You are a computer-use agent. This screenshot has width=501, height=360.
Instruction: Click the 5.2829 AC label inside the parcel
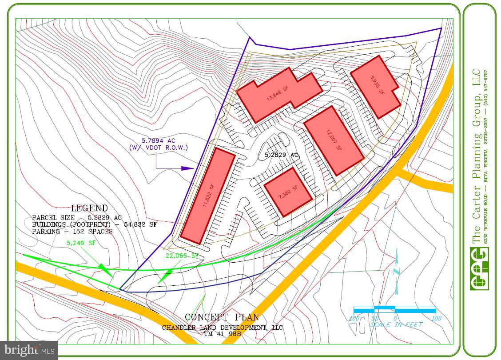(x=281, y=155)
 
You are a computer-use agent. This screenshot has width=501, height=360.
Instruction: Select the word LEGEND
(x=89, y=208)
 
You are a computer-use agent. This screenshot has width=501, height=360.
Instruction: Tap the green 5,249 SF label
(x=80, y=243)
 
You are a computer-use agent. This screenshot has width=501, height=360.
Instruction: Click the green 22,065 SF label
(x=182, y=256)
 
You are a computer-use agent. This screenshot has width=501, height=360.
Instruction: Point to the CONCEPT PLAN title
(x=222, y=317)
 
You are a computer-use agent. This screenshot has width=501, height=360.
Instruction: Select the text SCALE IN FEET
(x=396, y=325)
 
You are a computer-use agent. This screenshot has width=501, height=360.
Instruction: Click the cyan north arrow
(x=397, y=271)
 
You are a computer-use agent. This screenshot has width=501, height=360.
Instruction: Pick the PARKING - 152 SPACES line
(x=72, y=231)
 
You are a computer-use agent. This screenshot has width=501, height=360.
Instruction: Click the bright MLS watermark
(x=29, y=350)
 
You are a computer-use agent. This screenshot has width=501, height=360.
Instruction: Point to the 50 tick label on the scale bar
(x=374, y=319)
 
